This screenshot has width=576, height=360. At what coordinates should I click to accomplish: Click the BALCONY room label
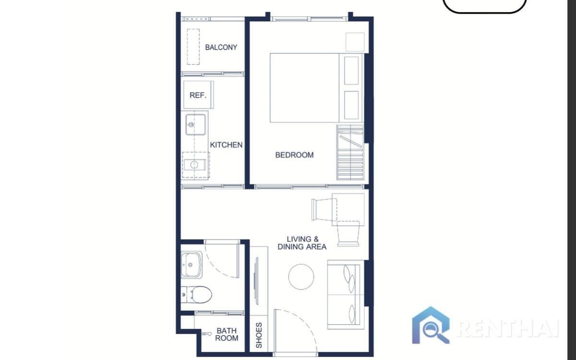221,47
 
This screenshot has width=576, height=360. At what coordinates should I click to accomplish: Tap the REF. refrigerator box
198,95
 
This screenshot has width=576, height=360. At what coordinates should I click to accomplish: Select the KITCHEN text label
226,144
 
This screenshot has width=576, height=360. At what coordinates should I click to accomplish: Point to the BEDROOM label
294,155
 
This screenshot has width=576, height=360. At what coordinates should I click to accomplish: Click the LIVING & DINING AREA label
302,243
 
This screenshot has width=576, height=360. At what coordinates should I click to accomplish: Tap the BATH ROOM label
227,334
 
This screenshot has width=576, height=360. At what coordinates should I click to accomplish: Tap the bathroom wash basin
192,264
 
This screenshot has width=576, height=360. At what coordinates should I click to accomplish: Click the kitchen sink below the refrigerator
196,124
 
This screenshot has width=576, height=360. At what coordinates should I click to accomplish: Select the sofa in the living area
345,295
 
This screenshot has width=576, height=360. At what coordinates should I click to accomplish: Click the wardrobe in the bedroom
350,152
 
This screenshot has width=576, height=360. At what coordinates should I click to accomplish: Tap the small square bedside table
355,42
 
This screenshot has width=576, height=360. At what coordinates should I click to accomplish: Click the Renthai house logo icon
431,325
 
